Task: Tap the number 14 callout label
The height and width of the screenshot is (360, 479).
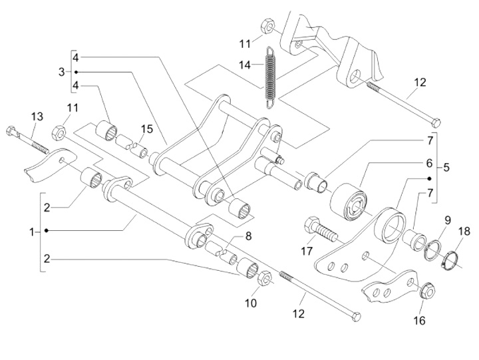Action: point(245,65)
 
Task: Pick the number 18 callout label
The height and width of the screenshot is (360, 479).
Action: point(464,231)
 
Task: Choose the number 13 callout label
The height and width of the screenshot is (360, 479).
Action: point(37,117)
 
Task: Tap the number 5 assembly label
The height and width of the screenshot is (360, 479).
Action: point(446,168)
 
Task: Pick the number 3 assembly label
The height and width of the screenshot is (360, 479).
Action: point(62,71)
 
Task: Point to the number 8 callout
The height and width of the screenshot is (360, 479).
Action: point(247,235)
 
